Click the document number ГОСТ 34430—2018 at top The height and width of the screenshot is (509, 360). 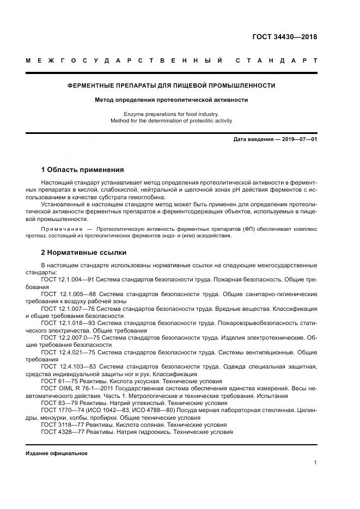(x=284, y=37)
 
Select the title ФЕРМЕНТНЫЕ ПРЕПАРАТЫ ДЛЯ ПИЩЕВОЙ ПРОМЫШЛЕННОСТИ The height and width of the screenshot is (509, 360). (x=171, y=85)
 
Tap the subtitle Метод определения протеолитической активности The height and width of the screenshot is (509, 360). (x=171, y=100)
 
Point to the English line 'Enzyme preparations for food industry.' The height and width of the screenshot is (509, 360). (x=171, y=114)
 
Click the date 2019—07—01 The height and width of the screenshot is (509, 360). (x=298, y=140)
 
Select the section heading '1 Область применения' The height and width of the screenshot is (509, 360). (x=82, y=169)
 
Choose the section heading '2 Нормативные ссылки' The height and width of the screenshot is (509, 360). (x=83, y=253)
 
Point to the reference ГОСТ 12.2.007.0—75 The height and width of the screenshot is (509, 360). (x=70, y=338)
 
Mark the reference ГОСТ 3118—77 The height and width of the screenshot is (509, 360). (x=60, y=425)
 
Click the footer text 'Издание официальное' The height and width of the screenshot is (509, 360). (x=57, y=453)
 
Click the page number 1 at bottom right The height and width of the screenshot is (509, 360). (x=315, y=463)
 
